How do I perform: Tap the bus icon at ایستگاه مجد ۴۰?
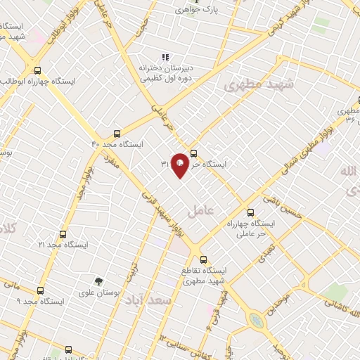[x=117, y=133]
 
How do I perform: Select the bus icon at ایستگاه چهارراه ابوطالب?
[x=37, y=70]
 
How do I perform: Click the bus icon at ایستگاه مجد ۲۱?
[x=63, y=234]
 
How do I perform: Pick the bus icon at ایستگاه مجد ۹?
[x=40, y=290]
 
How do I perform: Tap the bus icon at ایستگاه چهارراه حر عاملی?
[x=250, y=212]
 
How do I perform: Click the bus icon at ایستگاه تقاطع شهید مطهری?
[x=204, y=258]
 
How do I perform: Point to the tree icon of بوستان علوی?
[x=98, y=281]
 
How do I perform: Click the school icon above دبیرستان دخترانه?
[x=165, y=57]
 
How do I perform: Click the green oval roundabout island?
[x=257, y=321]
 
